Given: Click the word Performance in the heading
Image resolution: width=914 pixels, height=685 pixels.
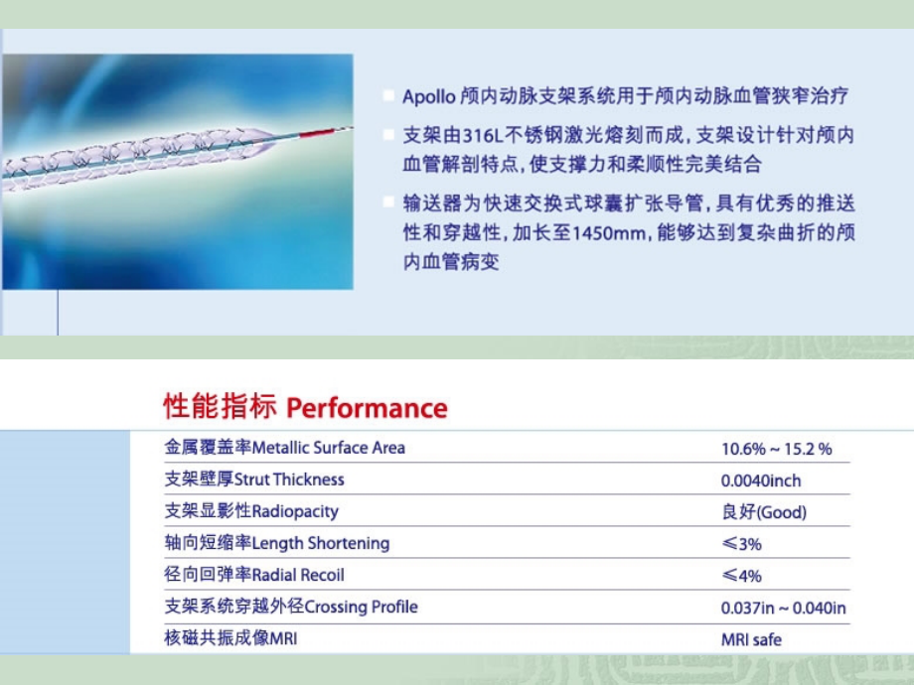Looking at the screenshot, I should tap(367, 408).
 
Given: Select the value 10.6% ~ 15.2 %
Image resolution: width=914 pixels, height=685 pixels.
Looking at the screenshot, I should tap(776, 449).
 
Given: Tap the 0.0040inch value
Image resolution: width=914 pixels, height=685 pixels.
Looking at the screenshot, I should tap(760, 480).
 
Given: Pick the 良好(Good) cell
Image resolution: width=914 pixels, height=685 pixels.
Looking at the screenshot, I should tap(763, 512).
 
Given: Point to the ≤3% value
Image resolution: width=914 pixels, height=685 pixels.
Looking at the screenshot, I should tap(741, 544).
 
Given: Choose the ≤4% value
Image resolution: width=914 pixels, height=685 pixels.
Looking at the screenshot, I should tap(741, 576).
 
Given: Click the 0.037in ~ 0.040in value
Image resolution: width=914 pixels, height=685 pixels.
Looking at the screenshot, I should tap(783, 608).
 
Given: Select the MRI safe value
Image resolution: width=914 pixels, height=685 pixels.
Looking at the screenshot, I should tap(751, 639).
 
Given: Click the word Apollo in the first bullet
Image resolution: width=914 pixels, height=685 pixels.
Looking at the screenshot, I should tap(428, 97).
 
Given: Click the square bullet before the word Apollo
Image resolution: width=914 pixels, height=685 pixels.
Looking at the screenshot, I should tap(387, 96).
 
